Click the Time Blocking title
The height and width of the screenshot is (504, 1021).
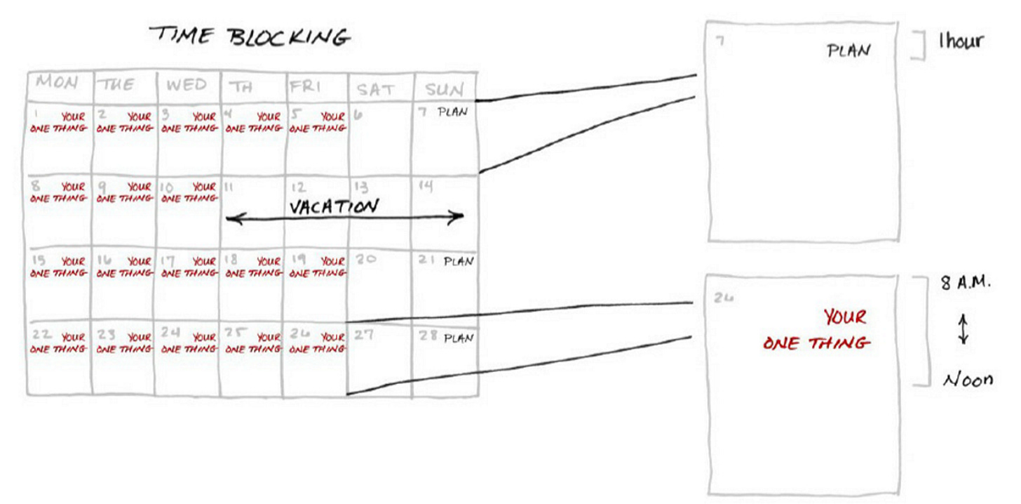pos(249,37)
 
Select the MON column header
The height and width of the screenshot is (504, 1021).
pos(57,83)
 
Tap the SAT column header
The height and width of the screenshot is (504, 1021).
pos(375,90)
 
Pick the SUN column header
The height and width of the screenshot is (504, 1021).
pos(443,90)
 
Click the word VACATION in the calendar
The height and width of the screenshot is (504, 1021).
pos(334,206)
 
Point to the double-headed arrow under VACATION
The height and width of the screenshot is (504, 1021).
pos(344,218)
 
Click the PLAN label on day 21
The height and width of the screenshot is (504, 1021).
pos(459,262)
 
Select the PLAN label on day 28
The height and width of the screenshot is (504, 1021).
pos(459,338)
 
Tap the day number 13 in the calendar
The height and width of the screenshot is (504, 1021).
pos(360,187)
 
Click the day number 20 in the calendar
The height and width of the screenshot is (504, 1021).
pos(365,258)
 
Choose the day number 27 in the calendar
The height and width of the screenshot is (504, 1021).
pos(363,335)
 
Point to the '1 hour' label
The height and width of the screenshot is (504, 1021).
pos(961,41)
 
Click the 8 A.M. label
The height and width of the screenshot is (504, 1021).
pos(966,284)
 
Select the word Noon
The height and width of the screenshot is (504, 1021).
pos(968,380)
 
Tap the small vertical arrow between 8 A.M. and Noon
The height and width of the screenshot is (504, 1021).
pos(963,329)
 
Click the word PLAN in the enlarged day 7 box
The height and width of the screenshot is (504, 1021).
pos(848,51)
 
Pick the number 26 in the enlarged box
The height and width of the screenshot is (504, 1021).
pos(724,298)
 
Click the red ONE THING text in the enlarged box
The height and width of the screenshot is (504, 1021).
pos(816,343)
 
